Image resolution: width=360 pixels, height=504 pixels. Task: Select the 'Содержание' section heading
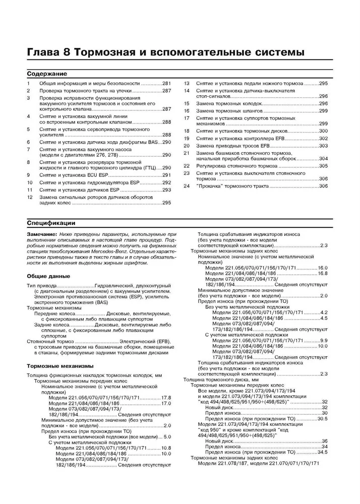(47, 73)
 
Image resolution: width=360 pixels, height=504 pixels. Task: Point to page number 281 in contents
(166, 83)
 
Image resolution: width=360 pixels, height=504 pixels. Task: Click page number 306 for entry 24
(323, 186)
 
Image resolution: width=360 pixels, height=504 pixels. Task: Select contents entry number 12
(29, 197)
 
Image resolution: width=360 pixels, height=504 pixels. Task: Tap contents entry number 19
(186, 138)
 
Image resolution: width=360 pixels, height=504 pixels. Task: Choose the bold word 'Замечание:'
(42, 235)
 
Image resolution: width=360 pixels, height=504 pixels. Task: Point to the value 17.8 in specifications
(166, 398)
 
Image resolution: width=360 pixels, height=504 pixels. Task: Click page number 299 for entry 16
(323, 110)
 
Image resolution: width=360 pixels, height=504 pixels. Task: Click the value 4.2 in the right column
(324, 312)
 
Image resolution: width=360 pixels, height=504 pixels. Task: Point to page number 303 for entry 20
(323, 146)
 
